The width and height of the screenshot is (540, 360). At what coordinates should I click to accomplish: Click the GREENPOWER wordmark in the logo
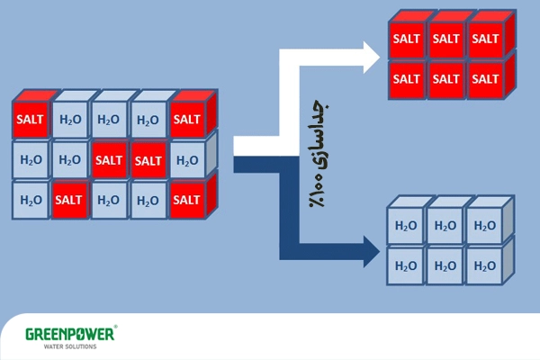pyautogui.click(x=67, y=334)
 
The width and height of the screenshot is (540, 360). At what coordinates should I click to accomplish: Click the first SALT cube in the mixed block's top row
pyautogui.click(x=30, y=120)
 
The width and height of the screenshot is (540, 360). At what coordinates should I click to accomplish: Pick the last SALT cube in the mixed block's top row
pyautogui.click(x=187, y=120)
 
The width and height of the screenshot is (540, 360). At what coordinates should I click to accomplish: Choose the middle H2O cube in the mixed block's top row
pyautogui.click(x=108, y=120)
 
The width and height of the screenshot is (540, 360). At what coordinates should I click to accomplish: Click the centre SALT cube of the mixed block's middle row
pyautogui.click(x=108, y=160)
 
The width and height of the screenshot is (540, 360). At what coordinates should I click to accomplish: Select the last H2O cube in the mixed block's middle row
pyautogui.click(x=187, y=160)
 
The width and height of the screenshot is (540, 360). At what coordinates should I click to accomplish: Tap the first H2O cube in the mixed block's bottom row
pyautogui.click(x=30, y=200)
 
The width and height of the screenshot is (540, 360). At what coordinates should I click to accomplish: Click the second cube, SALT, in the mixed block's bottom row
pyautogui.click(x=69, y=200)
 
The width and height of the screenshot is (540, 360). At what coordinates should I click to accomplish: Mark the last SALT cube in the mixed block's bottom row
pyautogui.click(x=187, y=200)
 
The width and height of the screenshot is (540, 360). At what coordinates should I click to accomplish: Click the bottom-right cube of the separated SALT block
pyautogui.click(x=484, y=78)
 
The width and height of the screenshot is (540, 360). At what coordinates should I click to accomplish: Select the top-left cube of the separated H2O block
pyautogui.click(x=405, y=225)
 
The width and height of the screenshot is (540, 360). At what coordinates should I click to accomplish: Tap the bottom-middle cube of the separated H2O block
pyautogui.click(x=445, y=265)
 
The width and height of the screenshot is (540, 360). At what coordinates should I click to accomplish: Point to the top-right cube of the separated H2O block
pyautogui.click(x=484, y=225)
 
